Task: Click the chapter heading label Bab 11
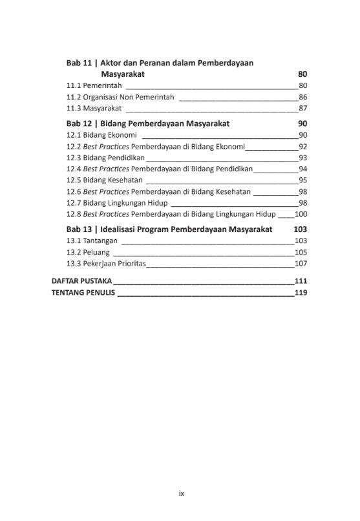click(x=79, y=63)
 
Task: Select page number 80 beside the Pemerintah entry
click(x=302, y=85)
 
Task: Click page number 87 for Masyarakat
click(x=302, y=108)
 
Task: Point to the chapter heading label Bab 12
click(x=79, y=123)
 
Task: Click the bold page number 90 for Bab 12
click(x=302, y=123)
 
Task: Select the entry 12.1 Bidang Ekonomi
click(x=101, y=134)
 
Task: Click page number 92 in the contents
click(x=302, y=146)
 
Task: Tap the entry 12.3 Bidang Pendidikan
click(x=105, y=158)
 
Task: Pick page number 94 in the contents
click(x=302, y=169)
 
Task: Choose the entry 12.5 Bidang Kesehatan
click(x=105, y=180)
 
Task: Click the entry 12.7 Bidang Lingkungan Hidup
click(x=117, y=203)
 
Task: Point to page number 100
click(x=301, y=214)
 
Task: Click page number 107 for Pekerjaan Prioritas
click(x=301, y=264)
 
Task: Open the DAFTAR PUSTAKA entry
click(x=81, y=281)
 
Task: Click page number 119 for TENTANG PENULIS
click(x=301, y=293)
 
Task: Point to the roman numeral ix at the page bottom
click(x=182, y=493)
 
